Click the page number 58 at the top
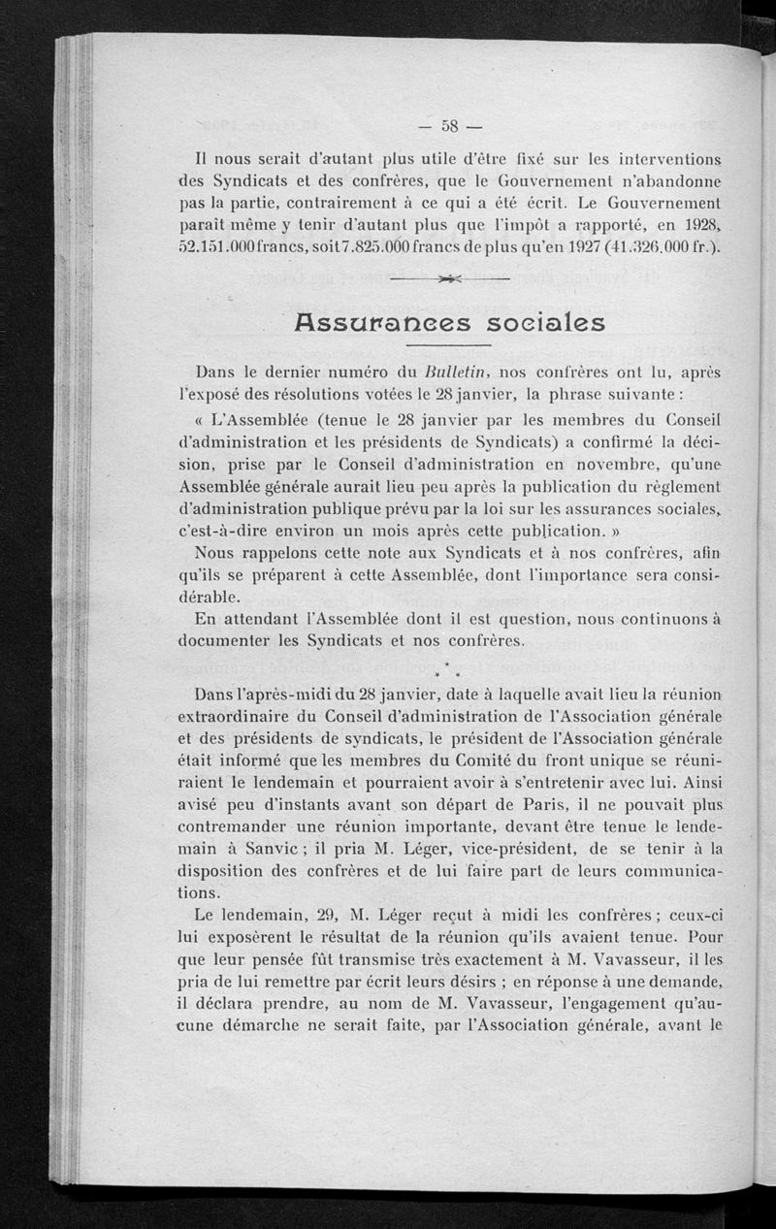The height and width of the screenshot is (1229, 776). [x=449, y=125]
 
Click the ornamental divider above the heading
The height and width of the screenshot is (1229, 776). [x=448, y=280]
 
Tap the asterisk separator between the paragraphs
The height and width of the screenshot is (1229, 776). [x=448, y=668]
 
